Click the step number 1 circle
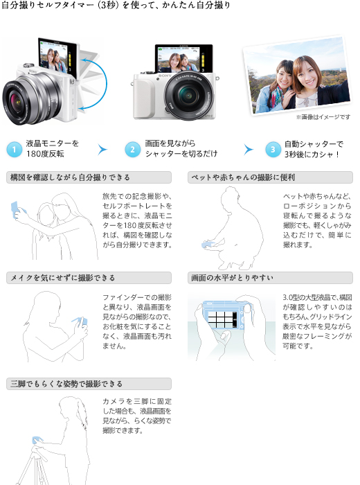coord(14,149)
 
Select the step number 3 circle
coord(273,149)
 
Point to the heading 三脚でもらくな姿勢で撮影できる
coord(66,383)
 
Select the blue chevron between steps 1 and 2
coord(103,149)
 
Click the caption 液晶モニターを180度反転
coord(53,149)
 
